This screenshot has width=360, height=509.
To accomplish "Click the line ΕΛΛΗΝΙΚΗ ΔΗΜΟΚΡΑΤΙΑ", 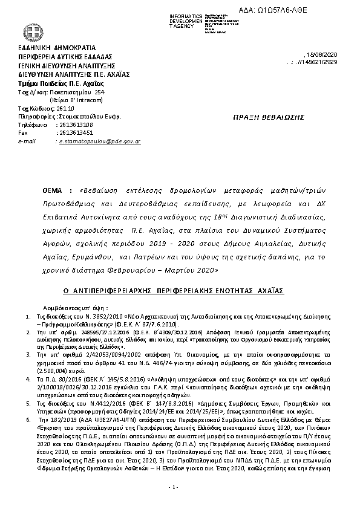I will tap(57, 47).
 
